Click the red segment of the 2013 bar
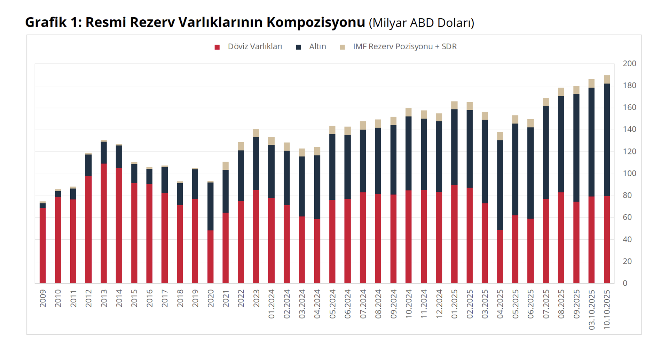point(104,223)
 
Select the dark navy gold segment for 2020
point(211,206)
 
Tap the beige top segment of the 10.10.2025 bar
point(607,80)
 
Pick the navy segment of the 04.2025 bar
point(500,185)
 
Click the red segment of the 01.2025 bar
point(454,234)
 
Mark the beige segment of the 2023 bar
point(256,133)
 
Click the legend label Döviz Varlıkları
point(255,47)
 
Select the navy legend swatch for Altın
point(298,47)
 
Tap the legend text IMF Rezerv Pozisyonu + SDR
point(405,47)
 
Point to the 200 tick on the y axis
point(629,64)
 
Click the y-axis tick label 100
point(629,174)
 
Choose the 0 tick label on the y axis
point(625,283)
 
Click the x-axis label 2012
point(89,298)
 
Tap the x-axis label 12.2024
point(439,304)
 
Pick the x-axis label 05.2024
point(332,304)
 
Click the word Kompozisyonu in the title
point(316,22)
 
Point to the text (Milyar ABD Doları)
point(422,23)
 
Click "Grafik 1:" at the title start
point(54,22)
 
